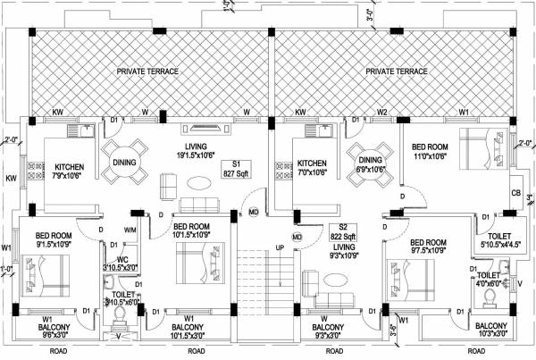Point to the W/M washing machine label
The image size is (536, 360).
pos(130,230)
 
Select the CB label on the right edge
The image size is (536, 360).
pos(515,193)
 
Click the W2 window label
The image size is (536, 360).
pos(382,113)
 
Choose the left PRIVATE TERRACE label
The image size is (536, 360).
pos(147,70)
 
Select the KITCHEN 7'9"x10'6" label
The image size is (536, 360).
pos(70,172)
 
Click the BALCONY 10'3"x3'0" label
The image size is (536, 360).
pos(491,330)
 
